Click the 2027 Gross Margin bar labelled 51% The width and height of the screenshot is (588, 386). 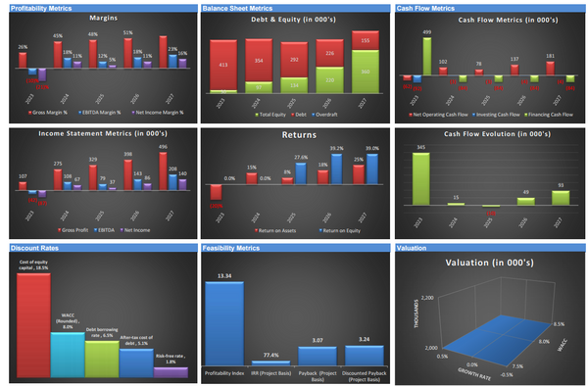click(x=127, y=56)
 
